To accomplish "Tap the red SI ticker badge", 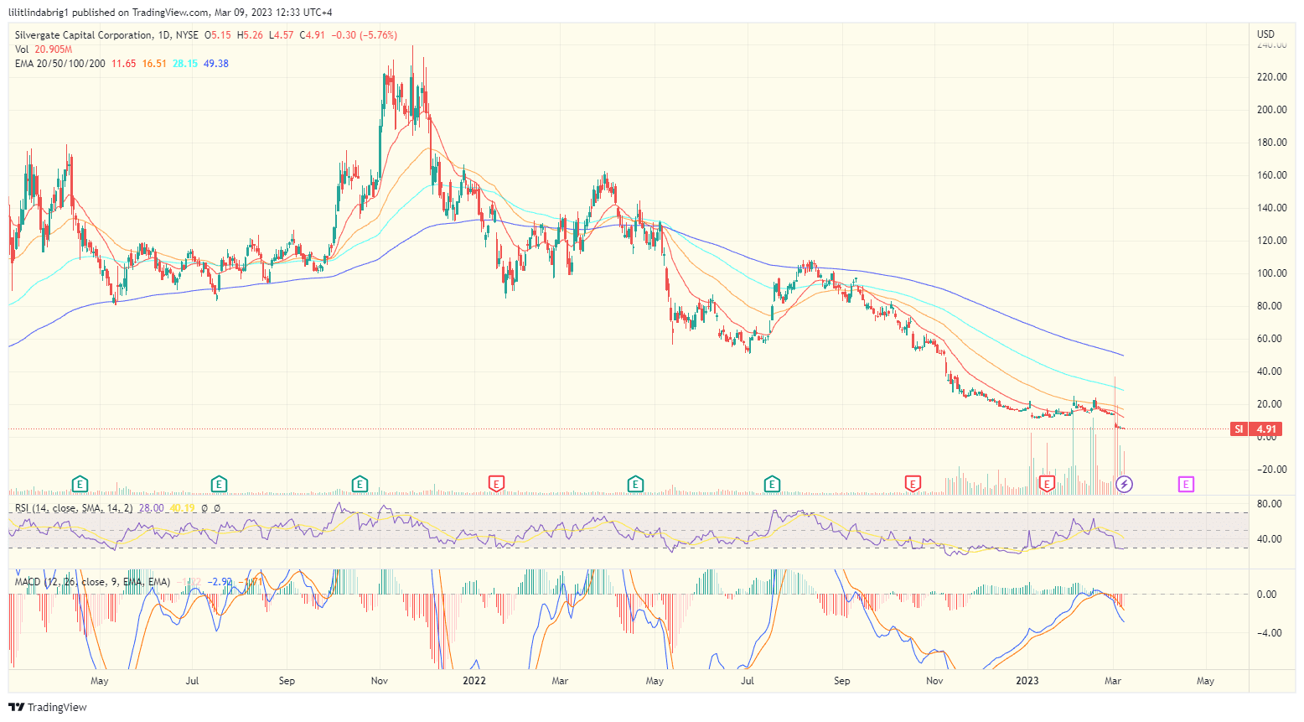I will coord(1239,429).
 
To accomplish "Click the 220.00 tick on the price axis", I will coord(1270,77).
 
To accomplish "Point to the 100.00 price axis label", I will coord(1270,273).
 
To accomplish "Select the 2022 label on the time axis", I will coord(474,681).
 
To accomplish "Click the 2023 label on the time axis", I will coord(1027,681).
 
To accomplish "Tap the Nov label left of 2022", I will coord(380,681).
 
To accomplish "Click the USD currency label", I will coord(1265,34).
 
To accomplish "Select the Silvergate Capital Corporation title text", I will coord(84,35).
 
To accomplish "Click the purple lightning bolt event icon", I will coord(1125,484).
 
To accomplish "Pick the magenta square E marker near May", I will coord(1186,484).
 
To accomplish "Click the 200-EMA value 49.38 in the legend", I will coord(216,64).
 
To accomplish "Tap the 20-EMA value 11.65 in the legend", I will coord(124,64).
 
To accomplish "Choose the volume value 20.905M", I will coord(53,49).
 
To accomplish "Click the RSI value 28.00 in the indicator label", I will coord(152,508).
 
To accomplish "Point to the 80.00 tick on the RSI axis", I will coord(1270,504).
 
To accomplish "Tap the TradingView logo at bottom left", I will coord(48,707).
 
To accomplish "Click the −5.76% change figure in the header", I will coord(378,35).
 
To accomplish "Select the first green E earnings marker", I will coord(80,484).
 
